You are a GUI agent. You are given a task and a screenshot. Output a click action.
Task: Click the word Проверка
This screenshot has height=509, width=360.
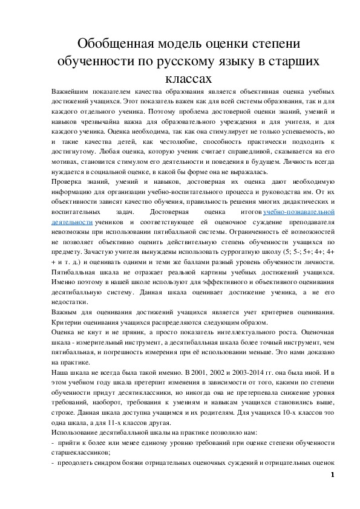click(x=67, y=181)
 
